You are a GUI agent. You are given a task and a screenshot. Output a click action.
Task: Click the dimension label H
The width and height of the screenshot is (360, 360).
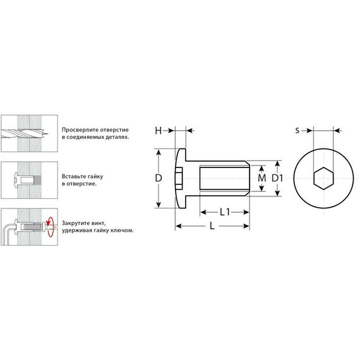click(158, 131)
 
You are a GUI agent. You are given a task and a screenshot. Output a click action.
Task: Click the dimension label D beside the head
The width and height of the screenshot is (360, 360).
click(159, 178)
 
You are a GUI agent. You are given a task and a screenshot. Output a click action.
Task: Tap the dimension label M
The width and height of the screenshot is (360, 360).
click(262, 178)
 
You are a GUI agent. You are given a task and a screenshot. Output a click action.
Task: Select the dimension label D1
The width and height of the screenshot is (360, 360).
click(277, 178)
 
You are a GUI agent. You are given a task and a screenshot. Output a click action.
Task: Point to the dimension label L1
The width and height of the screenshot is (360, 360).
click(225, 212)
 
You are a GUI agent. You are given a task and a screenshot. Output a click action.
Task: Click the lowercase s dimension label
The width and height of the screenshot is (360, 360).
click(297, 131)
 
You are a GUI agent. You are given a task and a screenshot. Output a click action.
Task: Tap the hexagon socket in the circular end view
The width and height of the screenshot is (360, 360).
click(323, 178)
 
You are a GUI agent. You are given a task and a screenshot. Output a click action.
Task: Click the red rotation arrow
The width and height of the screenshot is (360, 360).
click(50, 227)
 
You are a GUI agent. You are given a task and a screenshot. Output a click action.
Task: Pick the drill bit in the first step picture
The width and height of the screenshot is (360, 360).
click(25, 133)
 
